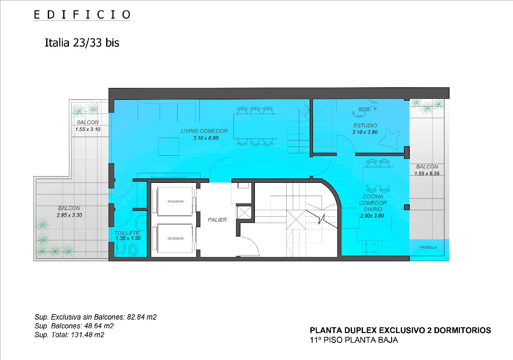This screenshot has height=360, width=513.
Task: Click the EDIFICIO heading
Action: coord(82,15)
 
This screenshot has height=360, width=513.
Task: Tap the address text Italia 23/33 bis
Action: coord(82,43)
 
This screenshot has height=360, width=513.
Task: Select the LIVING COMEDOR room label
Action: coord(204,131)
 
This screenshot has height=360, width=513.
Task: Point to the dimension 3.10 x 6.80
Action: coord(206,138)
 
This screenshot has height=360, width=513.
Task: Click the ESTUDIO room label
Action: coord(365,125)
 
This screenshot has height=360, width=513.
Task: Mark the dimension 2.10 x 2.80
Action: coord(365,132)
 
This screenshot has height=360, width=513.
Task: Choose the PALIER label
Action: coord(217,220)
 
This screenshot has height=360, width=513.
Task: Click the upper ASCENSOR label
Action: coord(175,201)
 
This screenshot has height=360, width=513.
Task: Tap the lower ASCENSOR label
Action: coord(175,238)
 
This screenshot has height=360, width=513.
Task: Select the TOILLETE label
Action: coord(127,233)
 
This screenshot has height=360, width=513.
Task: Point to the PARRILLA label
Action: coord(428,247)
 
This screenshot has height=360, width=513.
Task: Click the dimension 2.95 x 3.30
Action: coord(69,215)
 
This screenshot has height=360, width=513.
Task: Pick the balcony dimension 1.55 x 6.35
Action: coord(427,174)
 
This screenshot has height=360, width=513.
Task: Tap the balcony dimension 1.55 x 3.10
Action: coord(88,129)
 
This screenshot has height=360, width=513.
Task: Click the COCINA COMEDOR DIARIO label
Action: coord(373,203)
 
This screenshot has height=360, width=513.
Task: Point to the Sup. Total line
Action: coord(69,335)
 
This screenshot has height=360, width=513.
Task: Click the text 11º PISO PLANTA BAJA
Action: coord(354,340)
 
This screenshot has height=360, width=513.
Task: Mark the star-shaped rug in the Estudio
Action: coord(389,139)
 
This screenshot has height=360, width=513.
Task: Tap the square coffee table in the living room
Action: coord(168,146)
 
